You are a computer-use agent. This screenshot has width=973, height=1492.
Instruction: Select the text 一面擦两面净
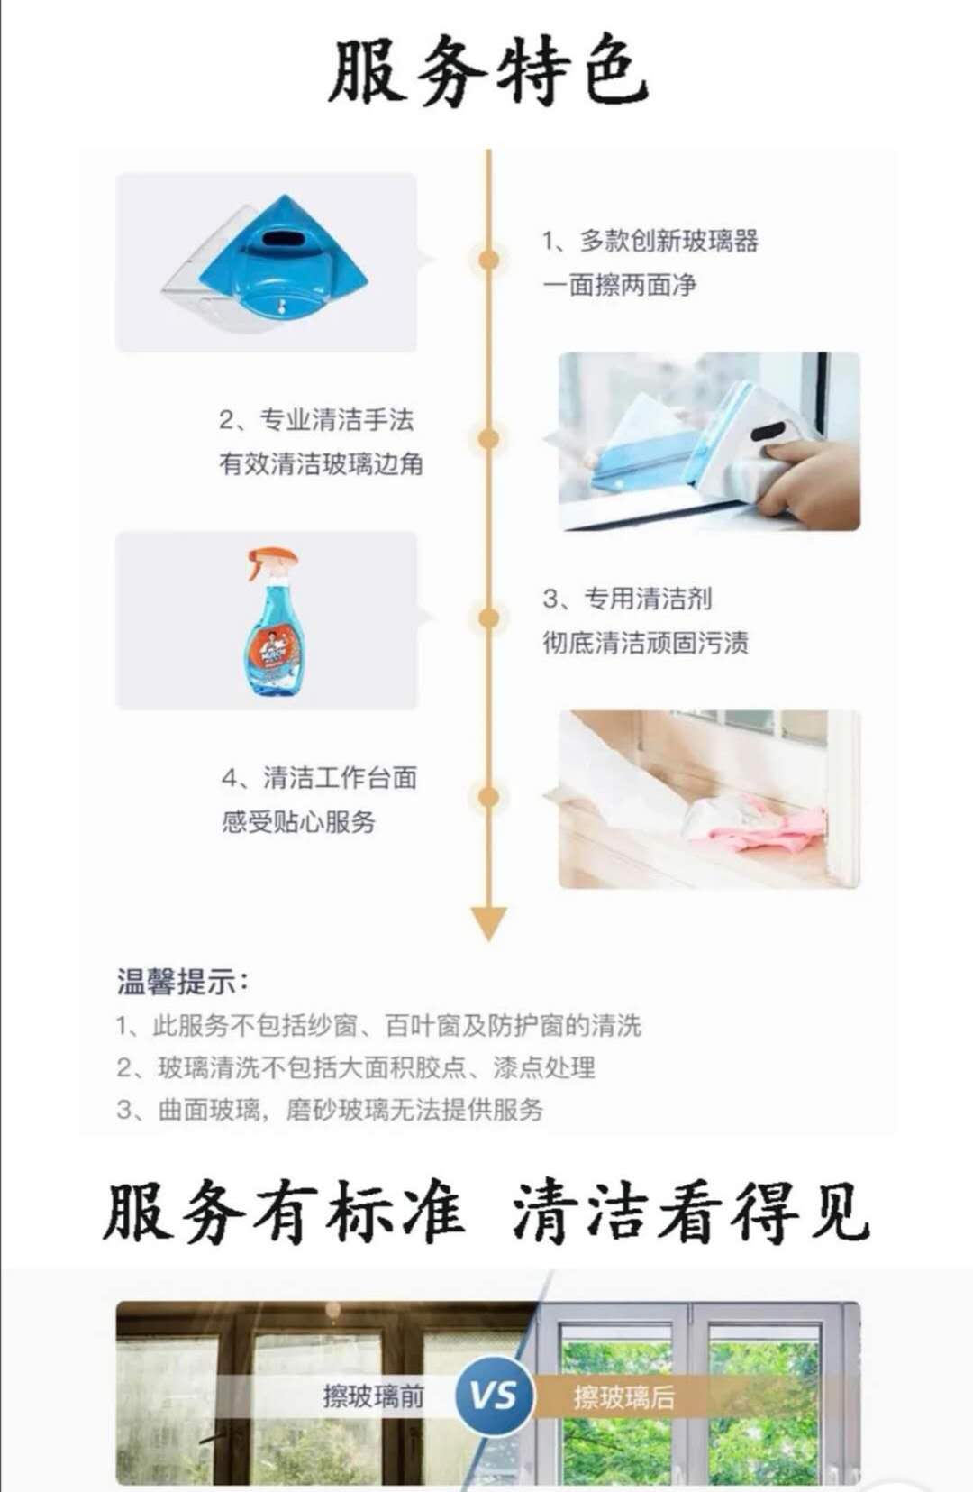pos(620,285)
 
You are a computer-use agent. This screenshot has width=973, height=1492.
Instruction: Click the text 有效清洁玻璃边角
pos(321,464)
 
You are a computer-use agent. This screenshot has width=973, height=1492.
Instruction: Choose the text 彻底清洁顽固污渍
pos(646,643)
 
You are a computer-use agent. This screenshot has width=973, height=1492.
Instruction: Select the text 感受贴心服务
pos(299,822)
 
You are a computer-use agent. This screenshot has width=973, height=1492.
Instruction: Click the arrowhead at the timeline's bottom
pos(488,923)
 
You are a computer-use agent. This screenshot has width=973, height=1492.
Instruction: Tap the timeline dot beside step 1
pos(488,260)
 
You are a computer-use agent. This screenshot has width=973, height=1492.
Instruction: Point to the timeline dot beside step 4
pos(488,797)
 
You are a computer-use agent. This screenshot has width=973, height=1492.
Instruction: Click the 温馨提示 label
pos(183,981)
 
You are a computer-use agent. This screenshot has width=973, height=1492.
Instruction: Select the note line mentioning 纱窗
pos(378,1026)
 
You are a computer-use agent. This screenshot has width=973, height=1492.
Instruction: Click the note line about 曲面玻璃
pos(330,1110)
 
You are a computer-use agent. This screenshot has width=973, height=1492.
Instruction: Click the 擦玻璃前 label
pos(373,1396)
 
